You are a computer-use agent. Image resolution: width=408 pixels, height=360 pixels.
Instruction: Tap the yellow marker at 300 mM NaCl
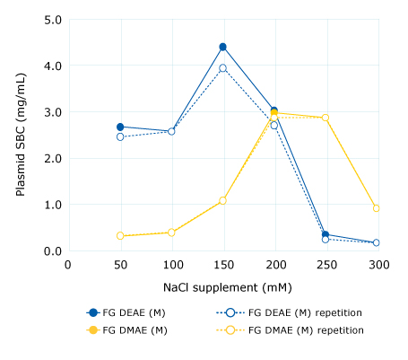pos(377,208)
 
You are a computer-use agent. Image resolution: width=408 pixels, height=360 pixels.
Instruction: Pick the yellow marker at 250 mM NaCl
pos(326,118)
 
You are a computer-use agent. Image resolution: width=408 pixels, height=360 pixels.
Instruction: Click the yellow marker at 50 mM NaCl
pos(120,236)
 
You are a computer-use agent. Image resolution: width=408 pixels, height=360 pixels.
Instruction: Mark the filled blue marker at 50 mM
pos(120,127)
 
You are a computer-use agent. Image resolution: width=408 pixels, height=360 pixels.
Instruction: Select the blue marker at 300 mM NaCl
pos(377,242)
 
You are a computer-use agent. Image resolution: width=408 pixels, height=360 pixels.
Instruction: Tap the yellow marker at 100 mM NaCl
pos(171,233)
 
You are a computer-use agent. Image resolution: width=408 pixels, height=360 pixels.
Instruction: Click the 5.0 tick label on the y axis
pos(53,19)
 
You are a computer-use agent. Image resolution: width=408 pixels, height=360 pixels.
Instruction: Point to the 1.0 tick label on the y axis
pos(53,205)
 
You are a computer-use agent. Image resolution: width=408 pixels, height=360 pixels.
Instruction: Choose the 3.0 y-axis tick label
pos(53,111)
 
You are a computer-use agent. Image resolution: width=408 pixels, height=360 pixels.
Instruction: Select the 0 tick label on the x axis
pos(68,265)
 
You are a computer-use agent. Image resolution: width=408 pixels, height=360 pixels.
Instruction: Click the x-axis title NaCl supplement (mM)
pos(221,287)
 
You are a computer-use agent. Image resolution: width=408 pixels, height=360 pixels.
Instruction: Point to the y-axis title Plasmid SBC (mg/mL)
pos(21,135)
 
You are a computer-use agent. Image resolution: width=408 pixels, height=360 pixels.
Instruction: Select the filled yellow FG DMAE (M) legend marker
pos(92,330)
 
